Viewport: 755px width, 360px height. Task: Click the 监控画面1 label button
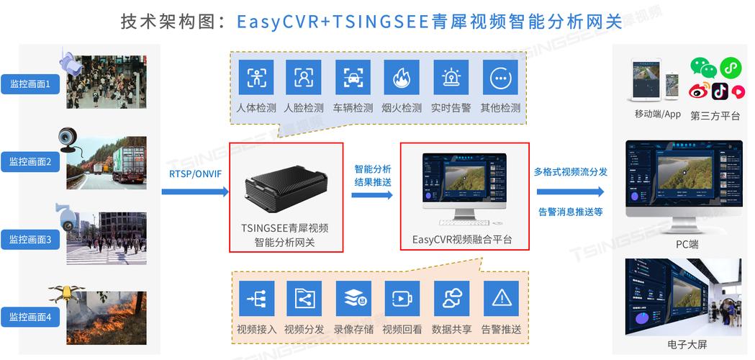(30, 84)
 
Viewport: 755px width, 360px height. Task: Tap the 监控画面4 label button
(30, 316)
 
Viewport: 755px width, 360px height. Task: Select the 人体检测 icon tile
(256, 77)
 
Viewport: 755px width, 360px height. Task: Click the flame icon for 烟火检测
(402, 77)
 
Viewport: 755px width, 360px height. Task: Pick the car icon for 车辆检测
(353, 77)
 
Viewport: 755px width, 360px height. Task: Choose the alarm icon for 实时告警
(451, 77)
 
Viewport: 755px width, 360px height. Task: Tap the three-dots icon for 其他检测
(499, 77)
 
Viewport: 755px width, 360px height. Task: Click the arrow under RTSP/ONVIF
(194, 192)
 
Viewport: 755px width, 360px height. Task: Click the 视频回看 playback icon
(402, 298)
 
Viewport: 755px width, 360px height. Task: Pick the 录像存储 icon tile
(353, 298)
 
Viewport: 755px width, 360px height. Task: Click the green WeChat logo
(702, 68)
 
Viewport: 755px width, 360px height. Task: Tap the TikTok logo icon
(720, 91)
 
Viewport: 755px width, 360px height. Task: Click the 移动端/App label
(657, 114)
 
